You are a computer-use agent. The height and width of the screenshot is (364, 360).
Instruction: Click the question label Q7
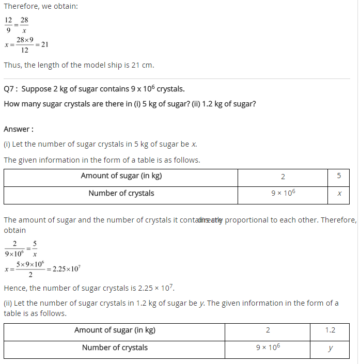10,89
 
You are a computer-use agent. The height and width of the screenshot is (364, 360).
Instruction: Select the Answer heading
19,129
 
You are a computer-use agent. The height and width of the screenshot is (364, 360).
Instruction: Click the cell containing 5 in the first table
339,176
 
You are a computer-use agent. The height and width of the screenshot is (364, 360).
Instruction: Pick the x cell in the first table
339,194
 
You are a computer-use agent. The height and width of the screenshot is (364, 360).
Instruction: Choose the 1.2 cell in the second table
330,330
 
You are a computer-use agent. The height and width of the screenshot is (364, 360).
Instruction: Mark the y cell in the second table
330,348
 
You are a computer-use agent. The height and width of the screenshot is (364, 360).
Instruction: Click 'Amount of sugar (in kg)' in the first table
121,176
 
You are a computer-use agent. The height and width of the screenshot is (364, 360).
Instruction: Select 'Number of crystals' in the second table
115,348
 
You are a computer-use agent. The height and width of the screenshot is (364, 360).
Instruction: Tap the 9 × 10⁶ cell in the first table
283,194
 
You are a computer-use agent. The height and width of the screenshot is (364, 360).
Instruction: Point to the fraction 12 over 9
8,25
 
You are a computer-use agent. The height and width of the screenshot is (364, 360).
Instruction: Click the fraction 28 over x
24,25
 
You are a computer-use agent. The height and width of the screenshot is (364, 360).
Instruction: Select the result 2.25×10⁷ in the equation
66,269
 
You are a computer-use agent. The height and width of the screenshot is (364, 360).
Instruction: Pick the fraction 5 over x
35,248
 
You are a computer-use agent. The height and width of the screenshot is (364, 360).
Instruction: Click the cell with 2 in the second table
268,330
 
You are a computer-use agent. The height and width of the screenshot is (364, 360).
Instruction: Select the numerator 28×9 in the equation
25,40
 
